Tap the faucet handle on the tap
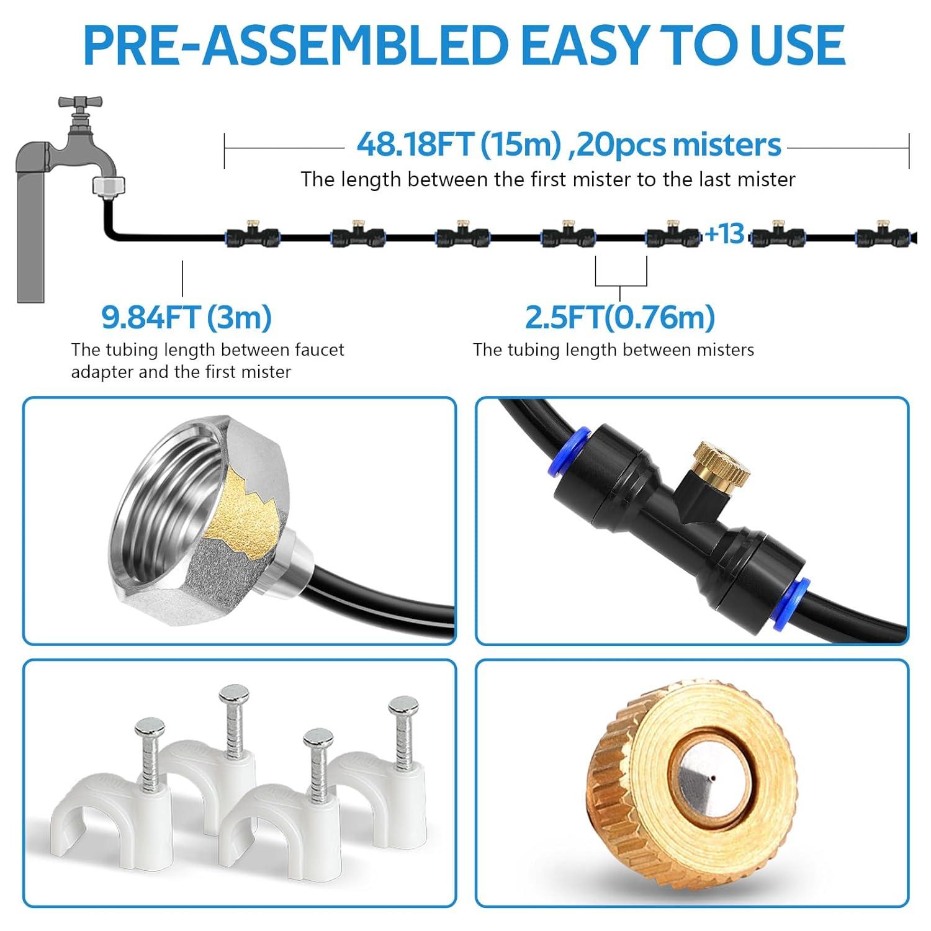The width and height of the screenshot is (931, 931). (79, 102)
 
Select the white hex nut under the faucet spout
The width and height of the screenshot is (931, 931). (109, 186)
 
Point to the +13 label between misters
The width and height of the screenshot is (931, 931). (724, 234)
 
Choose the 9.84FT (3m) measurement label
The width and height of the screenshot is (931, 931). (187, 317)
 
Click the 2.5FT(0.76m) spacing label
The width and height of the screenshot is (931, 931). (620, 317)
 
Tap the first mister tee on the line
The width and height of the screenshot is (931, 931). (251, 233)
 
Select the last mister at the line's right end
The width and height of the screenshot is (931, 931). (883, 233)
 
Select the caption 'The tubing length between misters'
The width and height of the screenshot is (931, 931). (613, 350)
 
